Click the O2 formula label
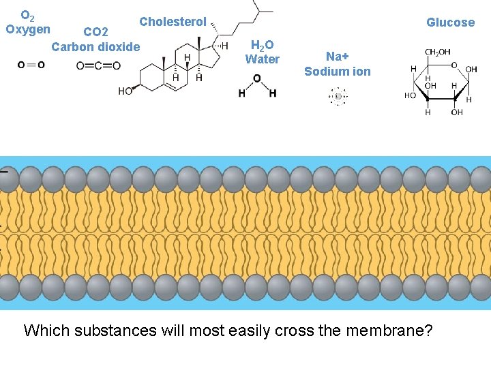pos(28,15)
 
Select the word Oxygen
pos(28,29)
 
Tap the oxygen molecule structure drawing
pos(31,65)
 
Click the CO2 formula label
pos(95,32)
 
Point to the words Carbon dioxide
pos(95,47)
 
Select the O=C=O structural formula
pos(98,65)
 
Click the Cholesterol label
pos(173,22)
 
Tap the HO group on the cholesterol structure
pos(125,91)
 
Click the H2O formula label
pos(263,45)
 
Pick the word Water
pos(263,59)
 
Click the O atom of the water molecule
pos(256,78)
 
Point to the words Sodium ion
pos(338,72)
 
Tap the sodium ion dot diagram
pos(338,96)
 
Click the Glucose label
pos(450,22)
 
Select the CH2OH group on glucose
pos(437,52)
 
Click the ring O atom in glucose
pos(453,65)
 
